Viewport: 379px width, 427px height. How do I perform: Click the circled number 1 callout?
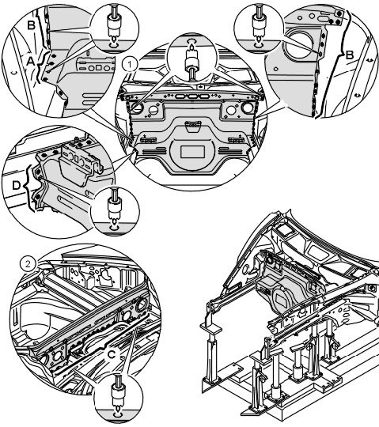[130, 65]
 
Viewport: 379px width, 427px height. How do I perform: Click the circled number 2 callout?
[28, 264]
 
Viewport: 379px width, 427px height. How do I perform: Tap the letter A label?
[31, 62]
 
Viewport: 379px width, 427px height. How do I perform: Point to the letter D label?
[17, 186]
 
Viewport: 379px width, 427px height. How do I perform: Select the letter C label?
[112, 354]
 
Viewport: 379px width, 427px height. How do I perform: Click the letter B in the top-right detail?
[349, 55]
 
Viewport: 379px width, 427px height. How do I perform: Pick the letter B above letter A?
[32, 25]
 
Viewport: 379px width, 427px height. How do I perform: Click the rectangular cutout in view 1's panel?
[192, 152]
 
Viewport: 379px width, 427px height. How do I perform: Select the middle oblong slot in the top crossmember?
[192, 96]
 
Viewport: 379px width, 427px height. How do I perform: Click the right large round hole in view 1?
[248, 108]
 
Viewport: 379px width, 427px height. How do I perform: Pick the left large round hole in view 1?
[137, 108]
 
